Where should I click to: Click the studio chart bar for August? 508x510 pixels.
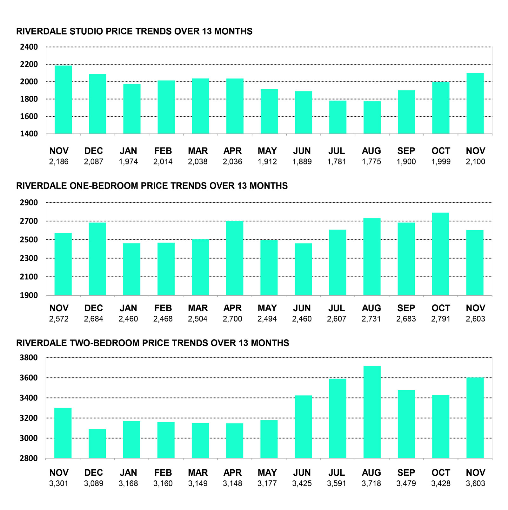click(x=372, y=117)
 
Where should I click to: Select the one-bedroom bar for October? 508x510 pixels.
click(x=440, y=254)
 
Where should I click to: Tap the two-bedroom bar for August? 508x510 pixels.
click(x=372, y=412)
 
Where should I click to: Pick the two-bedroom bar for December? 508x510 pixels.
click(x=97, y=444)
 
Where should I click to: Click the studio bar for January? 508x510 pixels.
click(x=132, y=109)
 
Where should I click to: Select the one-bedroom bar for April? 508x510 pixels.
click(x=235, y=258)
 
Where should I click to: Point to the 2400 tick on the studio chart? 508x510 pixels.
click(x=29, y=47)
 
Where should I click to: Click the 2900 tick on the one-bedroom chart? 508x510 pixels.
click(x=29, y=203)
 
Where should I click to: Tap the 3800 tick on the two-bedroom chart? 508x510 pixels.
click(x=29, y=358)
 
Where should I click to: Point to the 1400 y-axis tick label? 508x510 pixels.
click(x=29, y=134)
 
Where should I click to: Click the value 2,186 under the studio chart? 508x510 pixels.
click(x=59, y=162)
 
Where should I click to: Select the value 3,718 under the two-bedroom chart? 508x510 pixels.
click(x=371, y=484)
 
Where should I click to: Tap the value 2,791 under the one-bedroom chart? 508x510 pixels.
click(x=441, y=319)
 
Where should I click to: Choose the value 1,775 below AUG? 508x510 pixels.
click(x=371, y=162)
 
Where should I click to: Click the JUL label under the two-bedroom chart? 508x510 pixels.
click(x=337, y=473)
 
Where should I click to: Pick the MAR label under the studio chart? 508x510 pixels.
click(x=198, y=151)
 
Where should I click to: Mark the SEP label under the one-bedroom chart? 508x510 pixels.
click(x=406, y=308)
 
